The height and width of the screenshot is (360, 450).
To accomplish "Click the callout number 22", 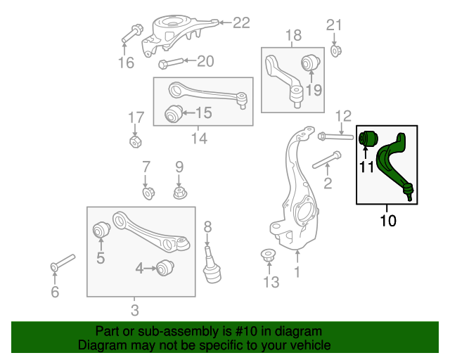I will tap(241, 23).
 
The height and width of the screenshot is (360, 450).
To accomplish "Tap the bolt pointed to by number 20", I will tap(172, 63).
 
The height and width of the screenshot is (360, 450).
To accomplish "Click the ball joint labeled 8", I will tap(209, 266).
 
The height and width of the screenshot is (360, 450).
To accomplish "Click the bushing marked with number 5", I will tap(101, 230).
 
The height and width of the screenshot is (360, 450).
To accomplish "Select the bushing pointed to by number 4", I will tap(165, 268).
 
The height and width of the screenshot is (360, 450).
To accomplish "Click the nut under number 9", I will tap(179, 192).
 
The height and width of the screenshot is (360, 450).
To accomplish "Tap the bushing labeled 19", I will tap(311, 63).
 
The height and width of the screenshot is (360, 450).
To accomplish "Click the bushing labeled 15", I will tap(172, 112).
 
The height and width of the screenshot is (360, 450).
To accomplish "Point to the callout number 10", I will tap(388, 221).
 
